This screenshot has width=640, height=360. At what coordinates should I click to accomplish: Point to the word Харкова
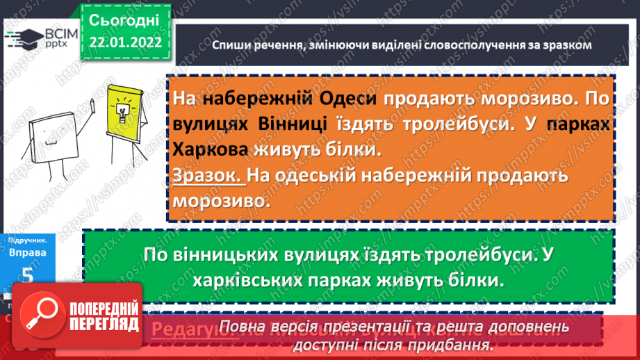(215, 149)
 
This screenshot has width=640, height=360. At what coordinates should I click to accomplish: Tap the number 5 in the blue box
(28, 275)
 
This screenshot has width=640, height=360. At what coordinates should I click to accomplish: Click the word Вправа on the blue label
(28, 253)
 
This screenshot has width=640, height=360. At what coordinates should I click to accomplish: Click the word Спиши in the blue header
(232, 45)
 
